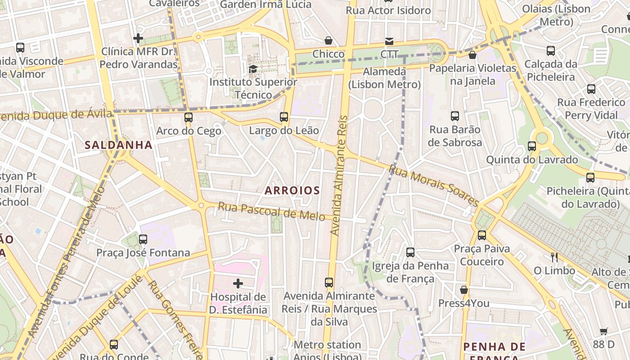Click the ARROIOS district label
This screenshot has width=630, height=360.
(292, 190)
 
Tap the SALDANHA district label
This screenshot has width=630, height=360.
(119, 145)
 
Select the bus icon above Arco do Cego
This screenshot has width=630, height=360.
(189, 117)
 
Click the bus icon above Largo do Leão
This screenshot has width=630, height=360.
(284, 117)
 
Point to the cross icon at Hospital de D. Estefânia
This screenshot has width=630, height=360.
(238, 283)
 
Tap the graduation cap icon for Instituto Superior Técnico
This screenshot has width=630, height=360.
(253, 69)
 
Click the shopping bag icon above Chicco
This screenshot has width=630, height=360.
(328, 40)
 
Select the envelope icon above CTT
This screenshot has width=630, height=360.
(389, 41)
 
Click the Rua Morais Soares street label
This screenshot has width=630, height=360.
(433, 185)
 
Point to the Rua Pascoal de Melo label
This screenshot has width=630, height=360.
(271, 211)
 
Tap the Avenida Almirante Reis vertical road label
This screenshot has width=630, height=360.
(340, 175)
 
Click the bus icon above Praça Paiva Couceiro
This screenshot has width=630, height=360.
(482, 235)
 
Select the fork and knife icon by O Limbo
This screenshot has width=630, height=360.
(554, 257)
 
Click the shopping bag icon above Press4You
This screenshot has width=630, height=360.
(464, 290)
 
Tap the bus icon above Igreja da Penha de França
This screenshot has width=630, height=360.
(410, 252)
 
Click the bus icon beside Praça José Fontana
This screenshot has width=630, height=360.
(143, 239)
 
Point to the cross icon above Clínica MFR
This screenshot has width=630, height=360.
(138, 38)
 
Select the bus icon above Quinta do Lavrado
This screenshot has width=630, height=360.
(532, 146)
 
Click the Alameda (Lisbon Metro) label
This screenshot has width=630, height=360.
(384, 78)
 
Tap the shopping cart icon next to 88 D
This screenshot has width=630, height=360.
(604, 332)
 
